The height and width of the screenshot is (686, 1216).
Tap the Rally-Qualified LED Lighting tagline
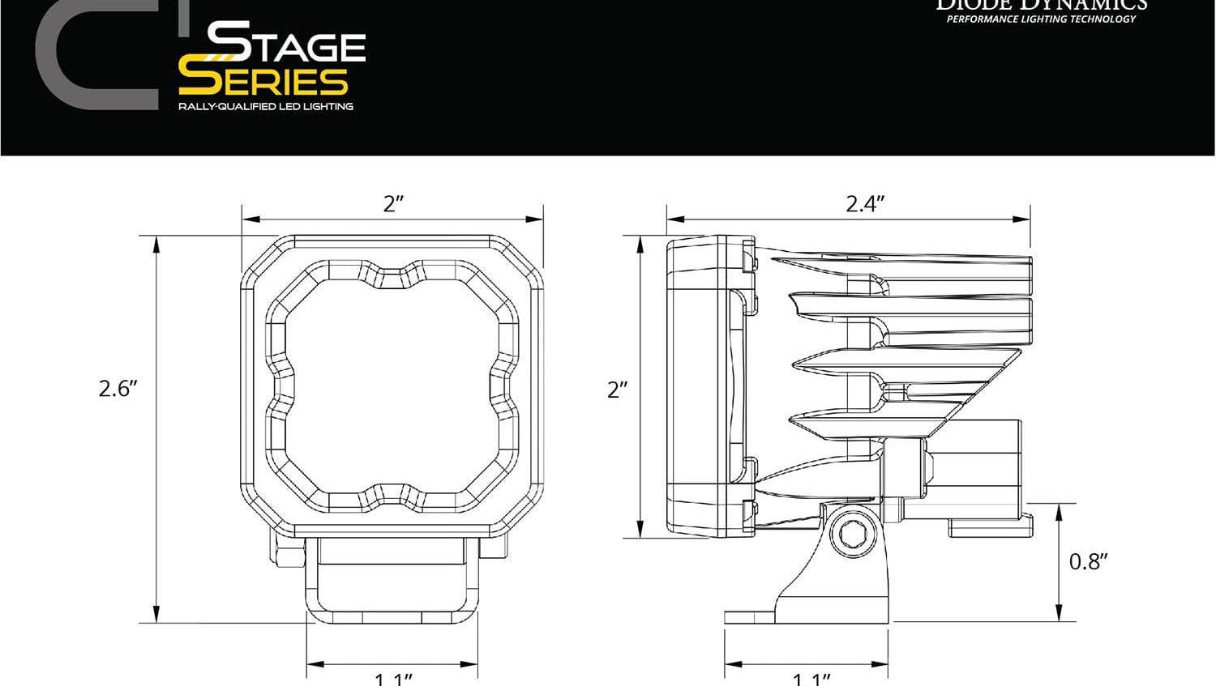pos(265,106)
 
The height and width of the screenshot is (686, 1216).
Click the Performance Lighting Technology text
pos(1041,19)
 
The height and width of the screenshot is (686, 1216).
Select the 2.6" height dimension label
pos(118,389)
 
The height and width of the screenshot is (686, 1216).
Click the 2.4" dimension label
pos(864,203)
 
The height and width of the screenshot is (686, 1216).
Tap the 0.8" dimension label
pos(1088,561)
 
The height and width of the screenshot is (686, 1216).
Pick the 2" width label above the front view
pos(393,203)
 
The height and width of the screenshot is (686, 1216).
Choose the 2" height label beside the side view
pos(618,390)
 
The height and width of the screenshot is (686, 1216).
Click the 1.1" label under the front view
pos(393,678)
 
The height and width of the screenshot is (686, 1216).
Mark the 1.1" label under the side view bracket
pos(811,678)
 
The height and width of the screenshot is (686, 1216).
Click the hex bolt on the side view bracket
pos(852,535)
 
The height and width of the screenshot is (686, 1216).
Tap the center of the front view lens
pos(392,387)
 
